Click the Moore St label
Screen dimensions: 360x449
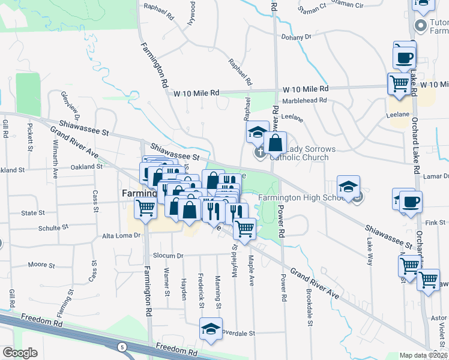click(x=41, y=265)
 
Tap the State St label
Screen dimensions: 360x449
click(x=33, y=213)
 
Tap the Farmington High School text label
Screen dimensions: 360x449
click(x=305, y=197)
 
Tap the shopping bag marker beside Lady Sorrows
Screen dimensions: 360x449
click(x=275, y=143)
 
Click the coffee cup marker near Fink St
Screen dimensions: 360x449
click(x=411, y=202)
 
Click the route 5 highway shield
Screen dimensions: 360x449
click(x=122, y=347)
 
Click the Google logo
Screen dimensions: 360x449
click(x=20, y=353)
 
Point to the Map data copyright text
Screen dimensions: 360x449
click(x=424, y=355)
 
